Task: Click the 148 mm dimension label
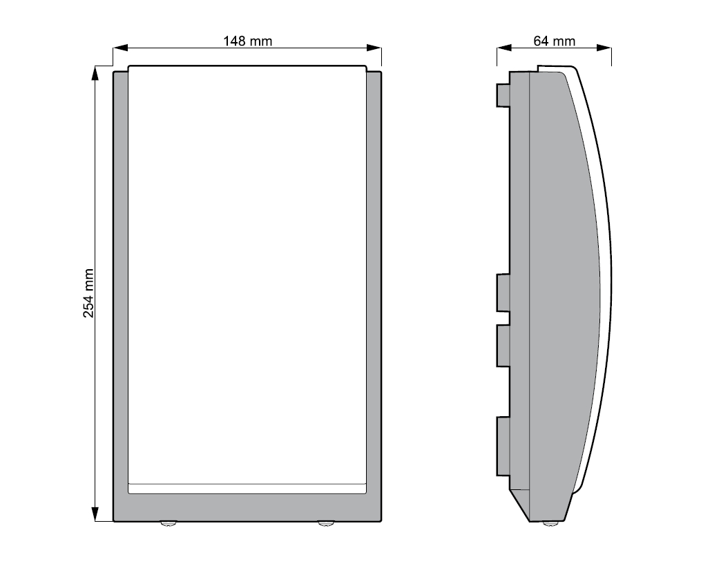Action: point(247,41)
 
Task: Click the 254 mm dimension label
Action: point(88,293)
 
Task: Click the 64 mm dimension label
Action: point(554,41)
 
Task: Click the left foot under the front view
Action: point(169,525)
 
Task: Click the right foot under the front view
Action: point(325,525)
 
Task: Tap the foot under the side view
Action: point(550,525)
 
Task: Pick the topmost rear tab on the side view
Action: point(503,95)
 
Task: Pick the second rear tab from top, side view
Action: point(503,290)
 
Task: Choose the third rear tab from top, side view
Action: point(503,345)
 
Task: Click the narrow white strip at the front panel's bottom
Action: point(247,488)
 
